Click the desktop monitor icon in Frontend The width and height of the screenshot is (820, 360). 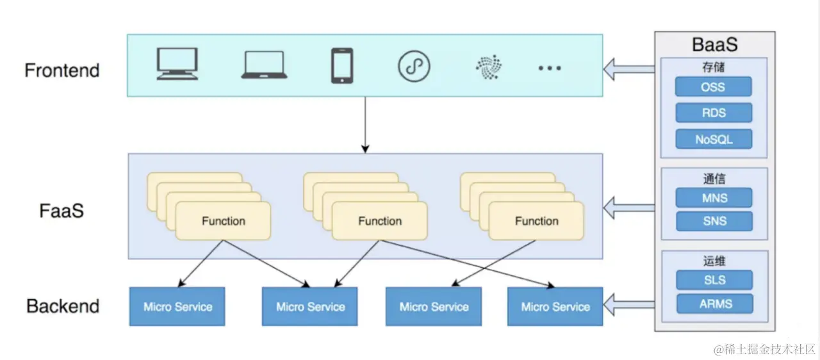coord(177,64)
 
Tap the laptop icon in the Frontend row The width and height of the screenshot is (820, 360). coord(263,65)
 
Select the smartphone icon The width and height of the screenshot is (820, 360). coord(341,65)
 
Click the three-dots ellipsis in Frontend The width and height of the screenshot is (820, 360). coord(549,67)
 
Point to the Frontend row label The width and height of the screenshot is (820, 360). coord(62,70)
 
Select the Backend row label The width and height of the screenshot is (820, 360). coord(63,306)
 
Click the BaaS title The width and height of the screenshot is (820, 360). coord(714,45)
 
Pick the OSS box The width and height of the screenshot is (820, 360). coord(714,87)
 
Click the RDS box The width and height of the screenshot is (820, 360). coord(714,113)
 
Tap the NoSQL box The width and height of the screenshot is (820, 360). coord(714,139)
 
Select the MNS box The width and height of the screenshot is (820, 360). coord(714,198)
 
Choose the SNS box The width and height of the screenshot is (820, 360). coord(714,222)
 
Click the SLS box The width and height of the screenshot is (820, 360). coord(714,280)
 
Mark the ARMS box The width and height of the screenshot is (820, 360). coord(714,304)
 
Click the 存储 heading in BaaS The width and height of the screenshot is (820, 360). coord(714,67)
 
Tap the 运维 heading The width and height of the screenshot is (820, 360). coord(714,261)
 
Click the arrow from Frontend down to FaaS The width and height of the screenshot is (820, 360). coord(365,124)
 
